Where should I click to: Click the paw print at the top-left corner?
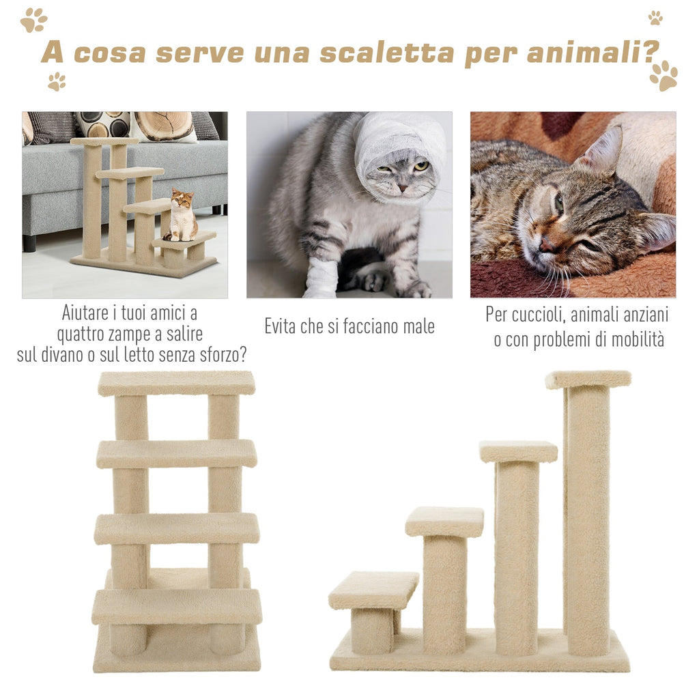[x=33, y=20]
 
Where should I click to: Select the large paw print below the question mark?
[x=664, y=76]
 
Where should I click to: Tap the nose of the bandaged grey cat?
[x=403, y=188]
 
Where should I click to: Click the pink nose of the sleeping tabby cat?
[x=547, y=244]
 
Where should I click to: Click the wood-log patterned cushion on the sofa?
[x=164, y=126]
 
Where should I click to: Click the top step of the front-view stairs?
[x=177, y=384]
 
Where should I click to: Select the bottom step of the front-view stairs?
[x=177, y=607]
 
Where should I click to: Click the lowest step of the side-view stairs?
[x=373, y=590]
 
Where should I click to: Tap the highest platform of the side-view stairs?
[x=588, y=380]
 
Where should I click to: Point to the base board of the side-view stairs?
[x=480, y=655]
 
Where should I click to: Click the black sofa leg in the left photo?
[x=29, y=243]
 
